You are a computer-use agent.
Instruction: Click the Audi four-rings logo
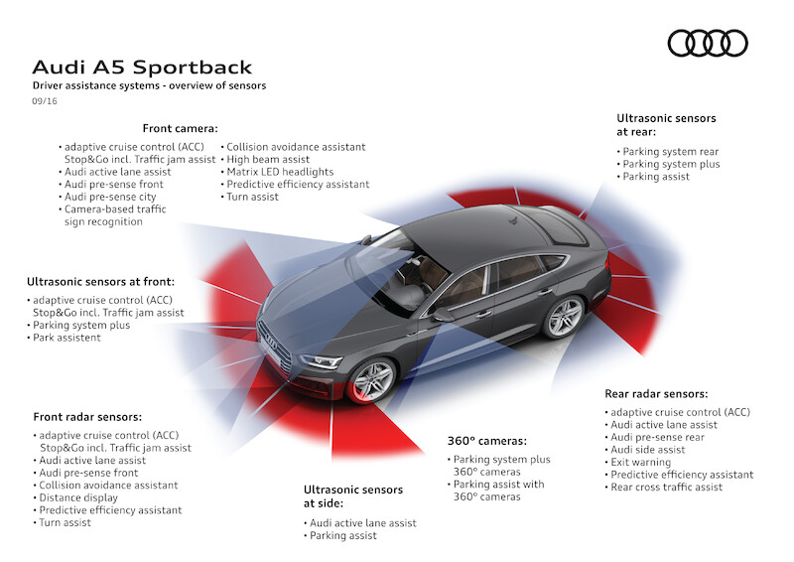(708, 44)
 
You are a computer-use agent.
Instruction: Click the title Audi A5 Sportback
(143, 68)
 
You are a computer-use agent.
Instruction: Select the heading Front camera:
(180, 128)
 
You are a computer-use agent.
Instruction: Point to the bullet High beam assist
(268, 159)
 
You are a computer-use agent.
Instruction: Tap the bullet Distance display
(78, 497)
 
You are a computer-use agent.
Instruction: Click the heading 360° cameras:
(486, 440)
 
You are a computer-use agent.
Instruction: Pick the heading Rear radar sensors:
(656, 393)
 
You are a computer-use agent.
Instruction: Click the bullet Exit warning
(643, 462)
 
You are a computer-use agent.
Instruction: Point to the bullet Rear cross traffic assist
(666, 487)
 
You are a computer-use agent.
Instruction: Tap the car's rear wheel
(565, 316)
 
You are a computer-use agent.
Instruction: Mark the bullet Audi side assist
(649, 449)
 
